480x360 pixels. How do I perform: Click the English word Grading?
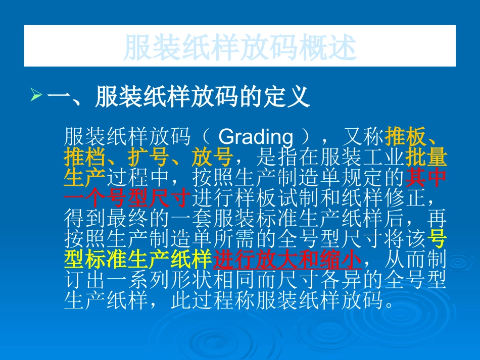pos(257,137)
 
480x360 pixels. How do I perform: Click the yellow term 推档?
pos(84,158)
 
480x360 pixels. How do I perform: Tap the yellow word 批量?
pos(427,158)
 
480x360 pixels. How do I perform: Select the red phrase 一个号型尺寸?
pos(127,197)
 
